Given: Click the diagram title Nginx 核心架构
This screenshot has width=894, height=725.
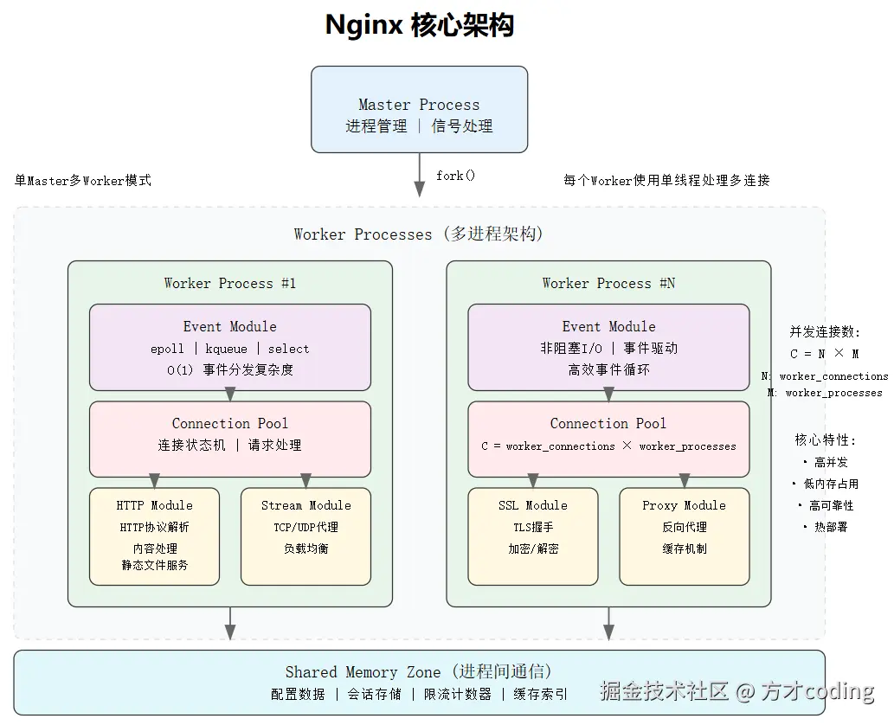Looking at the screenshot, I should click(x=420, y=25).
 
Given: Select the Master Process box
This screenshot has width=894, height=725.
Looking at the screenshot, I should click(x=420, y=110).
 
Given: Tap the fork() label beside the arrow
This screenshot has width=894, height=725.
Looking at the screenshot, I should click(x=455, y=176).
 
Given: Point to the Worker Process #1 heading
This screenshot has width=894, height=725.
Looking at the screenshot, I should click(x=230, y=283).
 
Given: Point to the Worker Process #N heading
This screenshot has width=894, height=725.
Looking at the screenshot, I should click(x=608, y=283).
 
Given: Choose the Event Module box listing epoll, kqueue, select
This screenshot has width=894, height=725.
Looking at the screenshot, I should click(x=230, y=347).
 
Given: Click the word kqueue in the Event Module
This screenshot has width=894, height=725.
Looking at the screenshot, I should click(x=226, y=349).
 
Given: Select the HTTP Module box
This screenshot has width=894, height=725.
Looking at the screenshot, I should click(x=155, y=536).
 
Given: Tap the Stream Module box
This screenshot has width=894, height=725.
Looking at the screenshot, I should click(x=306, y=536).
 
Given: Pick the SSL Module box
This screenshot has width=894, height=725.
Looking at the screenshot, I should click(x=533, y=536).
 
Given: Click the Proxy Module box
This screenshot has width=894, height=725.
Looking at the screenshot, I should click(x=685, y=536).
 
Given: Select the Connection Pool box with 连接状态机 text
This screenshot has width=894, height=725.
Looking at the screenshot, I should click(x=230, y=439).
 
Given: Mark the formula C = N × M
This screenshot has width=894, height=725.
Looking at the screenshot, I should click(x=825, y=354).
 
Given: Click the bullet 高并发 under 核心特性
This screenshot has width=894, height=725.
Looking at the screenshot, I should click(x=830, y=463).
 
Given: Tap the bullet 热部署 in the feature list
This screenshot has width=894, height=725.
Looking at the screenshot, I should click(x=830, y=527).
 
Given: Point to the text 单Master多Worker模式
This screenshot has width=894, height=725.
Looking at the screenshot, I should click(x=83, y=181).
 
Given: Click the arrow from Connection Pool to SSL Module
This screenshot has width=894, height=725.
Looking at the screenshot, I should click(x=533, y=481).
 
